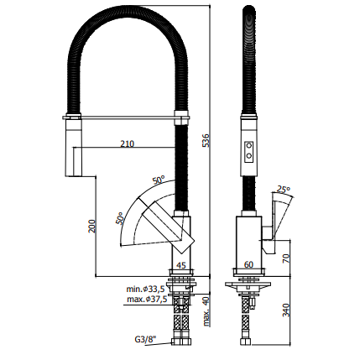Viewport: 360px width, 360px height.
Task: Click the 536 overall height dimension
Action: tap(206, 140)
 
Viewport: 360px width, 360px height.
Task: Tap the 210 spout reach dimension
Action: tap(128, 143)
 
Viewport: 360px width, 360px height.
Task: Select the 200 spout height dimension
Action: tap(92, 226)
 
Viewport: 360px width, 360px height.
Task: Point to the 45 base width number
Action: tap(181, 265)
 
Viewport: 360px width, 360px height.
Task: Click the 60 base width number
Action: tap(248, 264)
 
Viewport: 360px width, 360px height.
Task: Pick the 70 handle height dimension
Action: tap(286, 257)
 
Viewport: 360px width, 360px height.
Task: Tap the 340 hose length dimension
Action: tap(286, 310)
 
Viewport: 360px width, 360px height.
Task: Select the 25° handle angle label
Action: tap(283, 190)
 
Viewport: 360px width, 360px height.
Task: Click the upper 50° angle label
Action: tap(159, 180)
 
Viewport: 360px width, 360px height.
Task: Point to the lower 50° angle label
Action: tap(120, 218)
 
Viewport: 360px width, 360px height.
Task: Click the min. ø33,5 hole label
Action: tap(145, 289)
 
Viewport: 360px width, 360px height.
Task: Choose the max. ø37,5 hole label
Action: tap(147, 300)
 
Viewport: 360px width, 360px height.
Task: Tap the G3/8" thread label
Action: tap(145, 340)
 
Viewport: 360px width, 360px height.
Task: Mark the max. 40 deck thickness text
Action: tap(206, 311)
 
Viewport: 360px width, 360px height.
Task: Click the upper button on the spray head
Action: tap(248, 145)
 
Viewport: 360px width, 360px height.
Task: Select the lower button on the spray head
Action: tap(248, 154)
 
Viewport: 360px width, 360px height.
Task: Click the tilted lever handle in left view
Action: tap(168, 229)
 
